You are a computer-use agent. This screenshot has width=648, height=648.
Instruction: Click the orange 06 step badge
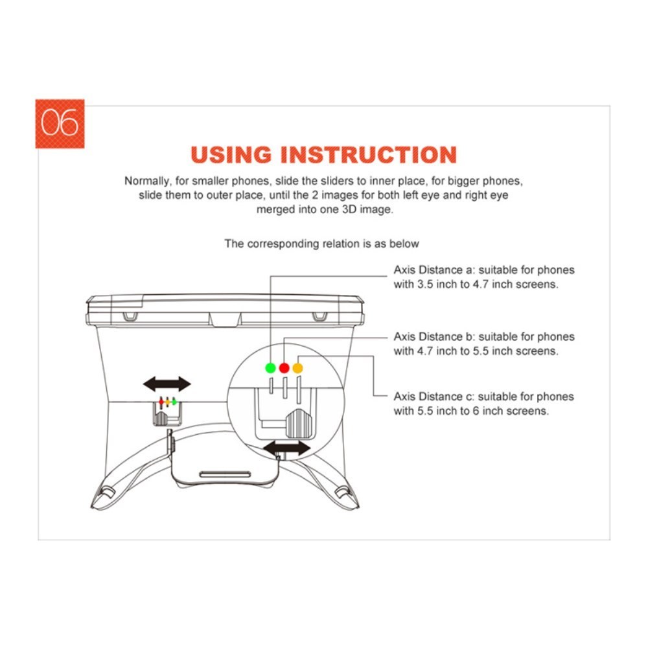pos(60,124)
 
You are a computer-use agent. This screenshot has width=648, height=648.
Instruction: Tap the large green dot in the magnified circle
pos(270,368)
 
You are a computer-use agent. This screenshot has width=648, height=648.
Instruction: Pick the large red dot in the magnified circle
pos(284,368)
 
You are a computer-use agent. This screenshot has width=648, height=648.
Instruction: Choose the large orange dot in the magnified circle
pos(297,368)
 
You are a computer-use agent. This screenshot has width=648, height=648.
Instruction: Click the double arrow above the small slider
pos(167,384)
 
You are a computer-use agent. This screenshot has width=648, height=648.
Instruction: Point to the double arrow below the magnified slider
pos(287,448)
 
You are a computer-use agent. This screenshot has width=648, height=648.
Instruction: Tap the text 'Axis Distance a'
pos(434,270)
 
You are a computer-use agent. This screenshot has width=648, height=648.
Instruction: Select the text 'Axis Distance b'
pos(434,337)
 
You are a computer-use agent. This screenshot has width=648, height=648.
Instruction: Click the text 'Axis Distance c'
pos(434,397)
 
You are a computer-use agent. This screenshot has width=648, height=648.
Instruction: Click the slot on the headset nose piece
pos(226,474)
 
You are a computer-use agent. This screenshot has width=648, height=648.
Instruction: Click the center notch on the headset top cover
pos(225,319)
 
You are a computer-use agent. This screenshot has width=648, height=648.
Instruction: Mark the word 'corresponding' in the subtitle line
pos(283,244)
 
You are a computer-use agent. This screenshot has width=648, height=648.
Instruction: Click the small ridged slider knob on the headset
pos(160,418)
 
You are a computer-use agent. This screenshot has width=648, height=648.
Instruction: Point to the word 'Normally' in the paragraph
pos(148,181)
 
